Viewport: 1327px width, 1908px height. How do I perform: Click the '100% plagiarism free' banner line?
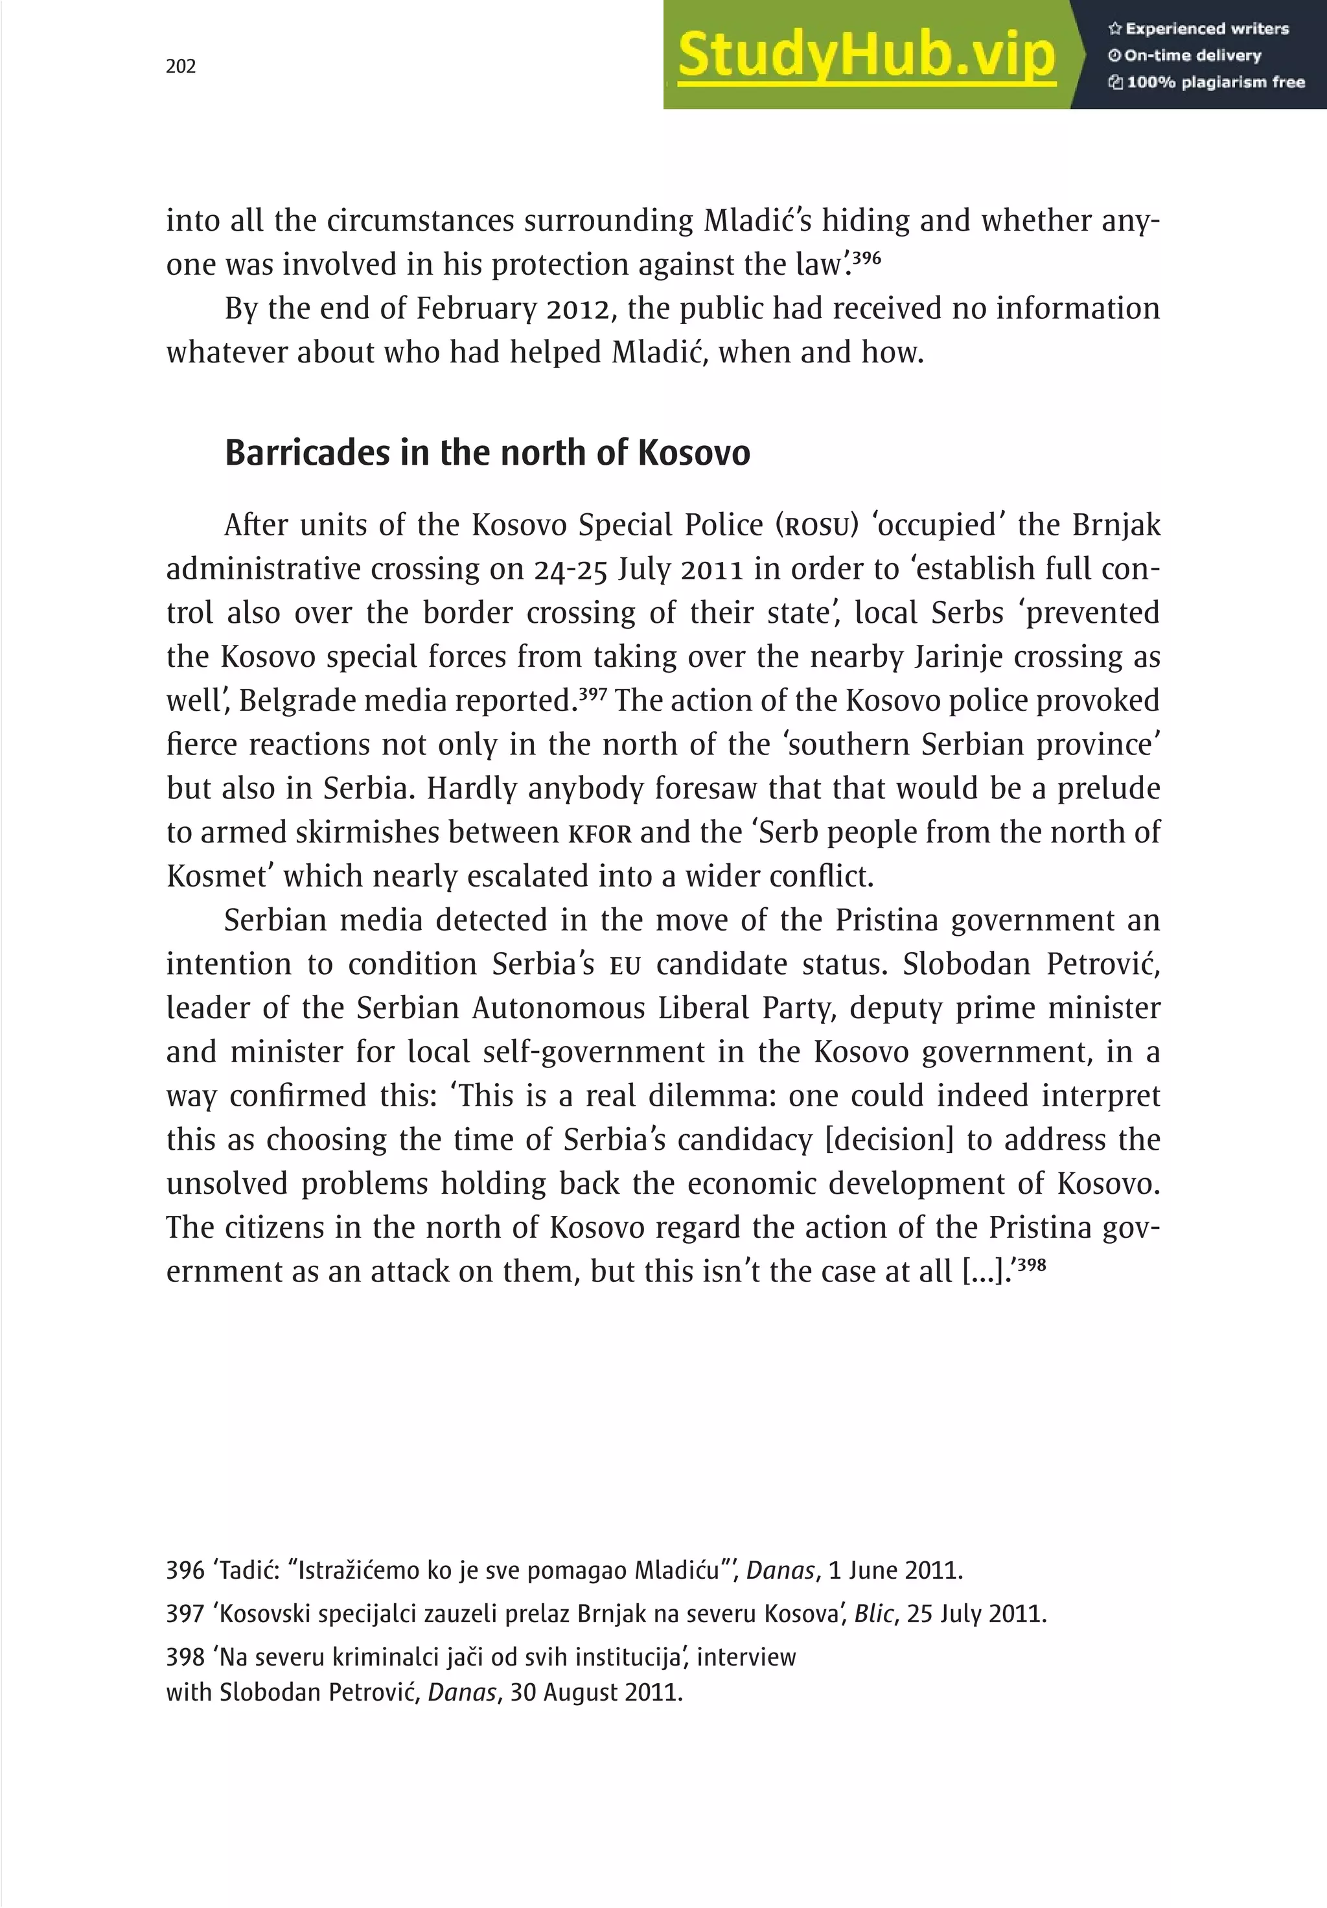pyautogui.click(x=1206, y=82)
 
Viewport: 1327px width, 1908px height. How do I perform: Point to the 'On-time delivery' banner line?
pyautogui.click(x=1185, y=56)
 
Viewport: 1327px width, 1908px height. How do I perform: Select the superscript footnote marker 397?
pyautogui.click(x=592, y=693)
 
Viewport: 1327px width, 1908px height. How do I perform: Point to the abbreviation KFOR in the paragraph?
pyautogui.click(x=600, y=833)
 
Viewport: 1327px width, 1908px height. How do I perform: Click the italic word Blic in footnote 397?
pyautogui.click(x=873, y=1613)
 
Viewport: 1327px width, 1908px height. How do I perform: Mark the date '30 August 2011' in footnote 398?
pyautogui.click(x=595, y=1692)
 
